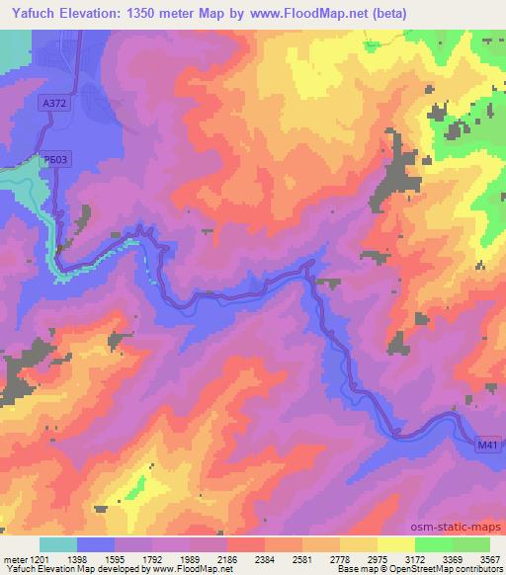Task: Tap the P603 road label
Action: tap(56, 159)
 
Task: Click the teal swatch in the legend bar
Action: tap(58, 543)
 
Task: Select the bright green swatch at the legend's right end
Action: tap(470, 543)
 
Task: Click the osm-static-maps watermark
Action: tap(456, 525)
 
